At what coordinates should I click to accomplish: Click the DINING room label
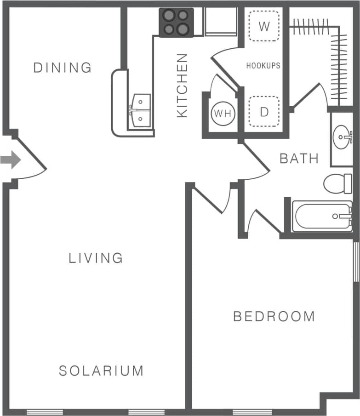pyautogui.click(x=63, y=68)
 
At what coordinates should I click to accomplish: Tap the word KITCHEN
pyautogui.click(x=183, y=85)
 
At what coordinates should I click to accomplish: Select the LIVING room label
pyautogui.click(x=96, y=258)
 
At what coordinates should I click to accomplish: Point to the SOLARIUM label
pyautogui.click(x=101, y=370)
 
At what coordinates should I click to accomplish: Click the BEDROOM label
pyautogui.click(x=274, y=316)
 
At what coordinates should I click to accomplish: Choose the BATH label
pyautogui.click(x=299, y=159)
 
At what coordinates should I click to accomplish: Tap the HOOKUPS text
pyautogui.click(x=263, y=66)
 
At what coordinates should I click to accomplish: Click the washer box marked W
pyautogui.click(x=264, y=26)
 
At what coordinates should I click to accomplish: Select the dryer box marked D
pyautogui.click(x=264, y=112)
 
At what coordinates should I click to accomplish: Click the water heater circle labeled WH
pyautogui.click(x=223, y=113)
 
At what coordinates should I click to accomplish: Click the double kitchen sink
pyautogui.click(x=141, y=110)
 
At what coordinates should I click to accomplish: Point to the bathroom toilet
pyautogui.click(x=338, y=183)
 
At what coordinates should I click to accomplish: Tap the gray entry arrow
pyautogui.click(x=10, y=160)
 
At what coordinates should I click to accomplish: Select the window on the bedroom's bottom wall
pyautogui.click(x=251, y=411)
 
